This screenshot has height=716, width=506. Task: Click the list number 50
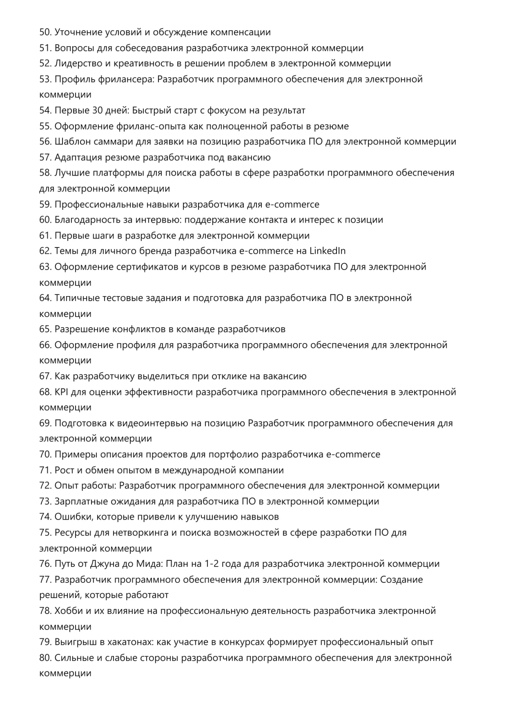[x=45, y=32]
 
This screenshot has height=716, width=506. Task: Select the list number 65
[x=45, y=329]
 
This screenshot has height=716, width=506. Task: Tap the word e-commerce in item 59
[x=292, y=204]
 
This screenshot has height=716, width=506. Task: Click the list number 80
[x=45, y=658]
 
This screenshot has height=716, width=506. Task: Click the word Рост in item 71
[x=64, y=470]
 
